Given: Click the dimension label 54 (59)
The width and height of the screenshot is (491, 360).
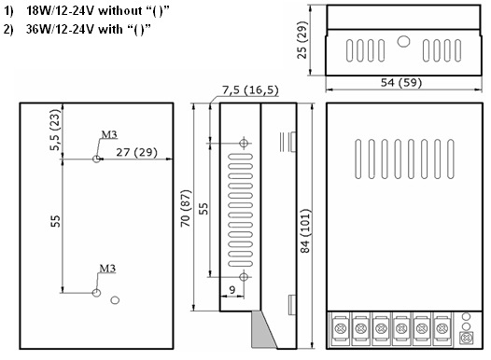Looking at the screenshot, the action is tap(401, 83).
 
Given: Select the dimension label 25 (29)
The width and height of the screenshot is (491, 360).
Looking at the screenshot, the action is tap(302, 40).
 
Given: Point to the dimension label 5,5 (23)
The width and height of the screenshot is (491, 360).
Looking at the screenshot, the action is tap(55, 130).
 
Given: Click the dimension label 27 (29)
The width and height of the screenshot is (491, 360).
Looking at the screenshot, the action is tap(136, 152).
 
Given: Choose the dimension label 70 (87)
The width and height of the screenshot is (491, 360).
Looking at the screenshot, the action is tap(186, 208).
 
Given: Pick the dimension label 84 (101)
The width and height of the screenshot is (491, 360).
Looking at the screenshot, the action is tap(304, 230).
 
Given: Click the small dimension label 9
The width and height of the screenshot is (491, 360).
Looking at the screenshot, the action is tap(232, 290).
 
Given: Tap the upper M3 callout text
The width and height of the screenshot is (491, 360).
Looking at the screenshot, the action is tap(109, 134).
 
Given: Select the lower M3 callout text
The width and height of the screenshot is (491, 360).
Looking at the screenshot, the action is tap(107, 269).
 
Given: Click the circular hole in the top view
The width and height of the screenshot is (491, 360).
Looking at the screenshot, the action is tap(403, 42).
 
